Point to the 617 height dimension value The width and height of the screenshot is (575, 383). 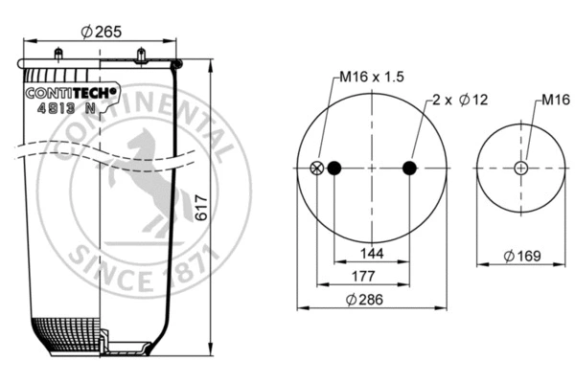[201, 215]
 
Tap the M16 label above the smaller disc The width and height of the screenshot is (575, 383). [555, 100]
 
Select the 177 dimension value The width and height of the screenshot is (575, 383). [361, 277]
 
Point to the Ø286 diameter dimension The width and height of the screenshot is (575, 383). [371, 300]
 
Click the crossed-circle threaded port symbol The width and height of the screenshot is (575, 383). [317, 169]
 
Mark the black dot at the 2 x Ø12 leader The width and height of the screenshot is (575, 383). [409, 169]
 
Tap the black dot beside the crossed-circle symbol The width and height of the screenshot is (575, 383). [334, 169]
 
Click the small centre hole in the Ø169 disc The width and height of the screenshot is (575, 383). [520, 169]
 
